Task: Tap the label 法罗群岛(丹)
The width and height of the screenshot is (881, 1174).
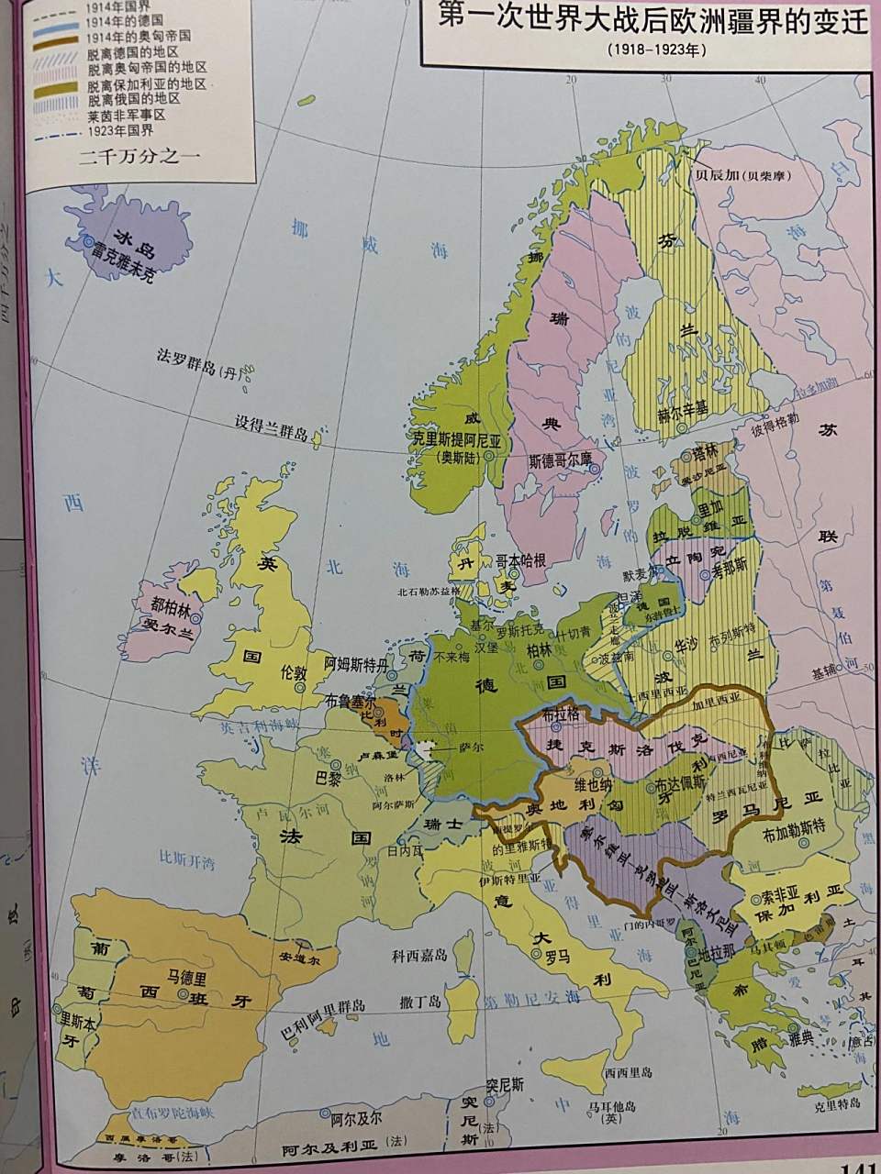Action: tap(197, 368)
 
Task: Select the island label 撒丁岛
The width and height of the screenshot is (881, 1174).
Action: tap(418, 1006)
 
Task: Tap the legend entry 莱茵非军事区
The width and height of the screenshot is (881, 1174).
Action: tap(126, 116)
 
